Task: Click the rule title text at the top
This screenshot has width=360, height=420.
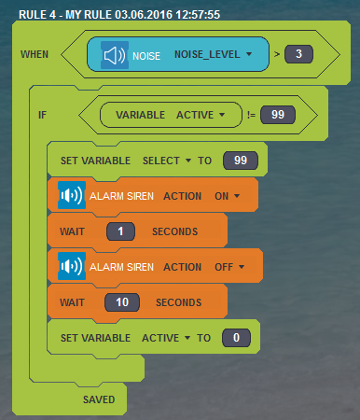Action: click(119, 15)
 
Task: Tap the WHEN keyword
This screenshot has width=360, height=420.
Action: click(35, 54)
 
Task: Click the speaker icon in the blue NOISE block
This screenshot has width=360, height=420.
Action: click(115, 55)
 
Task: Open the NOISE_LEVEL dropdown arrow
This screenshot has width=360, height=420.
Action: click(249, 54)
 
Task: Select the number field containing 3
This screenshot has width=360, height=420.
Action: click(298, 54)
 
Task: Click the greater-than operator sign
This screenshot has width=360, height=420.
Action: click(277, 54)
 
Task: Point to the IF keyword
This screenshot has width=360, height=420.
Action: click(42, 115)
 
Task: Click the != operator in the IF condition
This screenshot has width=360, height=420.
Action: click(251, 115)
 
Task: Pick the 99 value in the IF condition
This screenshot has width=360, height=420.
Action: click(278, 115)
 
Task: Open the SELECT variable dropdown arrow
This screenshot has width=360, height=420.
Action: click(188, 161)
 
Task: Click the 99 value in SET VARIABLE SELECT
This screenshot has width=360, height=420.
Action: click(241, 161)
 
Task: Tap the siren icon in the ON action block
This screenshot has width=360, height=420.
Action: click(72, 195)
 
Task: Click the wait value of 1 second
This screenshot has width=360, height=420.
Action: click(120, 231)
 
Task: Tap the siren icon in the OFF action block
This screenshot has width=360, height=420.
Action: click(72, 266)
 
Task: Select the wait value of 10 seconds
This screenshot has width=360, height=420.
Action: click(122, 302)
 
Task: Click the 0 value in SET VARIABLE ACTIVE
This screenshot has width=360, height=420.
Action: click(236, 338)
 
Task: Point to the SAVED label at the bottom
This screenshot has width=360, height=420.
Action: click(99, 399)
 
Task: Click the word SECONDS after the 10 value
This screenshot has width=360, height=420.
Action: click(179, 302)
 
